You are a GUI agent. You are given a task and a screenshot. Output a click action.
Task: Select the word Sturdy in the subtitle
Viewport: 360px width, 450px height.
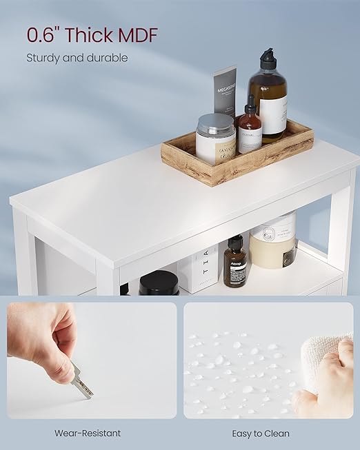(x=43, y=58)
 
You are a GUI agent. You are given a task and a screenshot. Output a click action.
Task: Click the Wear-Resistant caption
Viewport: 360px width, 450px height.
(x=88, y=433)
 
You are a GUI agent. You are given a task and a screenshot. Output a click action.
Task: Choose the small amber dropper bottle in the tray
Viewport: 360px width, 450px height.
(x=250, y=127)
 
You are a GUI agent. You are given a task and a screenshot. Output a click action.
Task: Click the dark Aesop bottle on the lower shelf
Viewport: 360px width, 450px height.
(x=235, y=263)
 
